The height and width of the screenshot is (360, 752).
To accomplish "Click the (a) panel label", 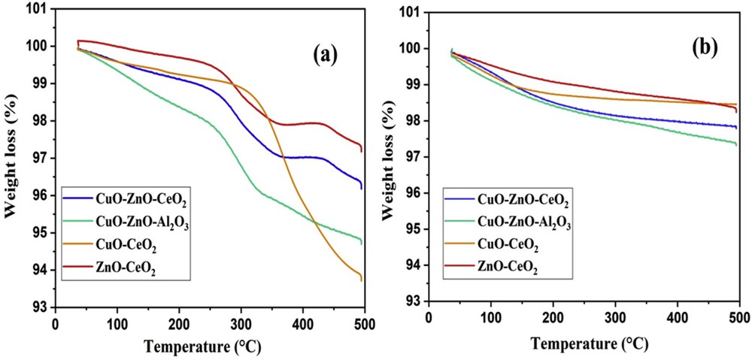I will pos(324,54).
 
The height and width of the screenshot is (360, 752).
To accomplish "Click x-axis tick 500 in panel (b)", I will pos(739,316).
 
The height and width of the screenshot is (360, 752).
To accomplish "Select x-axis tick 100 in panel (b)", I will pos(490,316).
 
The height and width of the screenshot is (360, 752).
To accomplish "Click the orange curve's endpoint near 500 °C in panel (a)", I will pos(362,280).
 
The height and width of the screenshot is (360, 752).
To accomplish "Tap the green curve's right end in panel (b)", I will pos(736,144).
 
